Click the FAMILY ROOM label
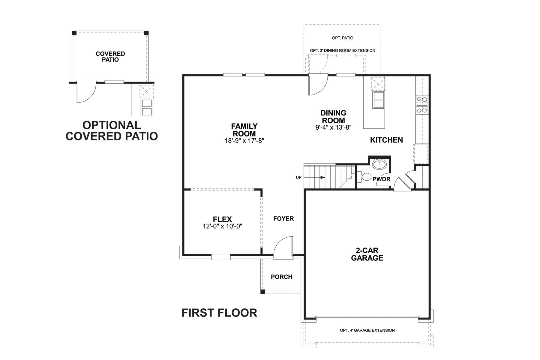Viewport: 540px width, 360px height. [244, 130]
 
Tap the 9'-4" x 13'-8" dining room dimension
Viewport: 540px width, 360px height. [333, 127]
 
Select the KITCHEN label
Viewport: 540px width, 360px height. [386, 140]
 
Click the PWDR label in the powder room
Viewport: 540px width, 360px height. [381, 179]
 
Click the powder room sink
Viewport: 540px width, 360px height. [379, 164]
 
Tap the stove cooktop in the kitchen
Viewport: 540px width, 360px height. [422, 105]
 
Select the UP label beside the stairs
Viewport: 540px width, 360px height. [298, 178]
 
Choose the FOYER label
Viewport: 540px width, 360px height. [283, 219]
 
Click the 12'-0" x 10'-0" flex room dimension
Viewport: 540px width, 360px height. [222, 226]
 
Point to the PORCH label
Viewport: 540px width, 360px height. [281, 277]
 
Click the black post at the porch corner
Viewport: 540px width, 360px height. [262, 292]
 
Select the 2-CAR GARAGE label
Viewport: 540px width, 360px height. [367, 254]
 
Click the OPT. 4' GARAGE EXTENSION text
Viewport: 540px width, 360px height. [367, 330]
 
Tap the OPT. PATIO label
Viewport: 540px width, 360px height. [343, 38]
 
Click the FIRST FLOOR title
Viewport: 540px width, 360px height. [219, 313]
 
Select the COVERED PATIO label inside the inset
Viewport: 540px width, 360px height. [110, 57]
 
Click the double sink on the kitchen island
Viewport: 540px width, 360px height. [378, 100]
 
